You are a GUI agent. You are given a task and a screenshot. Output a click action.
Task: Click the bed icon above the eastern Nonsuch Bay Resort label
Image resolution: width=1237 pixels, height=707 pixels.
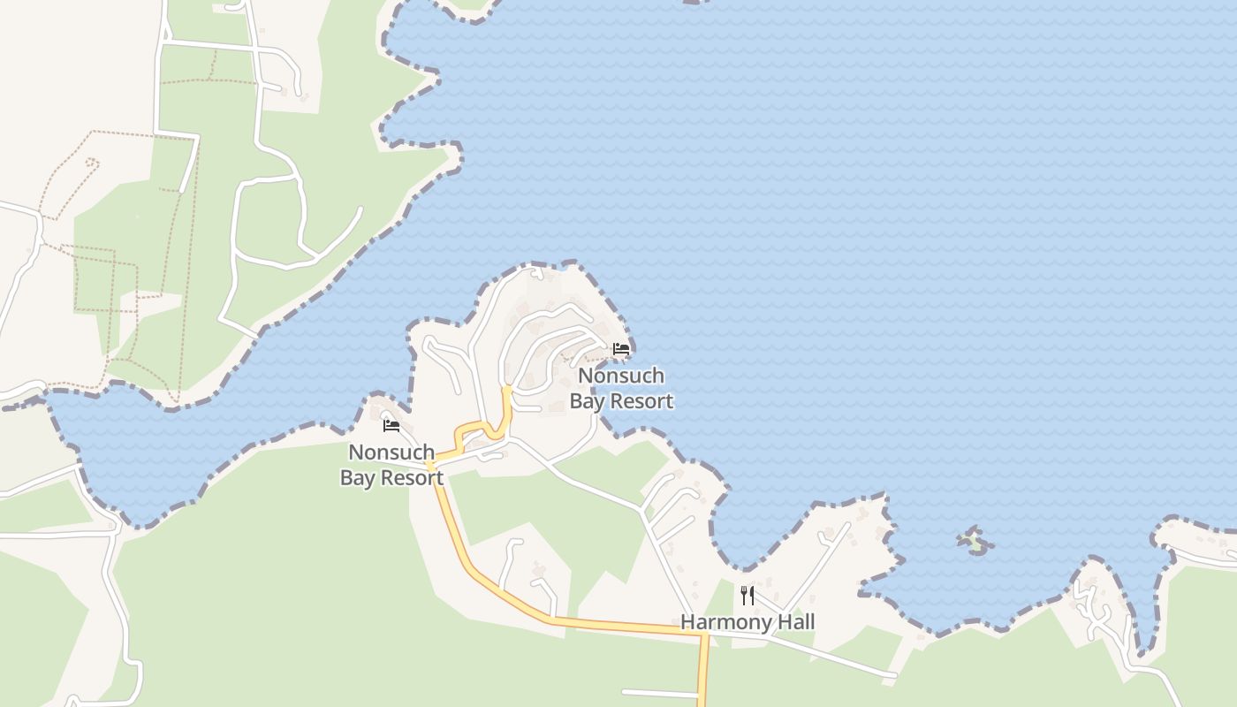(x=621, y=348)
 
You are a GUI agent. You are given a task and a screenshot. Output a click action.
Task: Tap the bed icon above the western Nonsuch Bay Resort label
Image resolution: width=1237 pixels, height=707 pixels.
(x=391, y=426)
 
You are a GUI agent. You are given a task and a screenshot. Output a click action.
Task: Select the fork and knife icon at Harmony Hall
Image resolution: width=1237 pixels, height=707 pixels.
(x=748, y=595)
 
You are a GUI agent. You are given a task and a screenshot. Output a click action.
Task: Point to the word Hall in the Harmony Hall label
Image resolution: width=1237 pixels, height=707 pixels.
(x=793, y=622)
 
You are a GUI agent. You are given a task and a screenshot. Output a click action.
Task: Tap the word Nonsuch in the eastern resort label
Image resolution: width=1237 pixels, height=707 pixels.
(x=620, y=376)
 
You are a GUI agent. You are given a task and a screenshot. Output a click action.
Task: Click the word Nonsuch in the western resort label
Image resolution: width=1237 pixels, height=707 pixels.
(x=391, y=452)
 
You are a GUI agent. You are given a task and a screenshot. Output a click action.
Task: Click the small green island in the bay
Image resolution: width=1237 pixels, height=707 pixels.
(x=975, y=542)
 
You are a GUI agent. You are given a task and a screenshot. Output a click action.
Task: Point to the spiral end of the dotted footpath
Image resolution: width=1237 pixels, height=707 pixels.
(x=92, y=162)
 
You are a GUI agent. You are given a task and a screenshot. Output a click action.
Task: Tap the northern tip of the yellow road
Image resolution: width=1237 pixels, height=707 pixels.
(x=507, y=387)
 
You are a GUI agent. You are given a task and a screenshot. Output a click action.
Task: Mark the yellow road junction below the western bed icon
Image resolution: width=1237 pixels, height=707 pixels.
(x=430, y=462)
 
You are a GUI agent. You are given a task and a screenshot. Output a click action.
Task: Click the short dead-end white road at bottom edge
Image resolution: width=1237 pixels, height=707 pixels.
(x=658, y=693)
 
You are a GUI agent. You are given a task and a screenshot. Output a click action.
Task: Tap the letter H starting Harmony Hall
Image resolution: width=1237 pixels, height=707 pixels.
(x=687, y=622)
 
